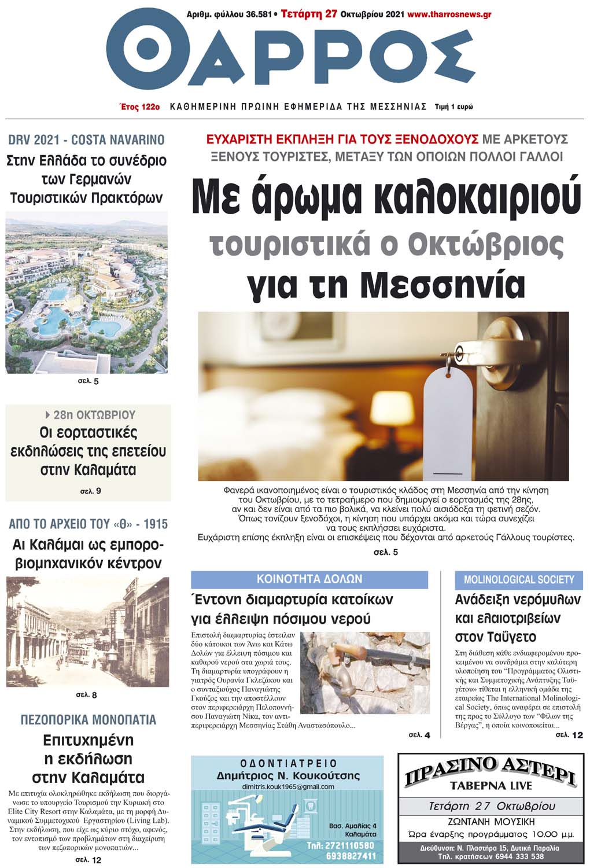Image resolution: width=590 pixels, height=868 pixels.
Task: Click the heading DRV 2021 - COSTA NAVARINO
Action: point(87,139)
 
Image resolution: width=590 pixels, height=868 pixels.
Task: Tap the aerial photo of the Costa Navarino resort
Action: point(87,293)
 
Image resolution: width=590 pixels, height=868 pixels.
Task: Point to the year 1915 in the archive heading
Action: point(156,524)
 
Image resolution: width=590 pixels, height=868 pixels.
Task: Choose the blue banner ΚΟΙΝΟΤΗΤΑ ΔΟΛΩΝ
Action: point(309,579)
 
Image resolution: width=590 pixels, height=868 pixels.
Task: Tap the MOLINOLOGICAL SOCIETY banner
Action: point(519,580)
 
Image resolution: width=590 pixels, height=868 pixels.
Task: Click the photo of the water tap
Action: point(365,672)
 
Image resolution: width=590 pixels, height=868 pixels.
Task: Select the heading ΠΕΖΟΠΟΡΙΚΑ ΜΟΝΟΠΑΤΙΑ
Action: point(88,720)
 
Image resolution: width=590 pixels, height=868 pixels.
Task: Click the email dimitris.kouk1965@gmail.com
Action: point(288,787)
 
